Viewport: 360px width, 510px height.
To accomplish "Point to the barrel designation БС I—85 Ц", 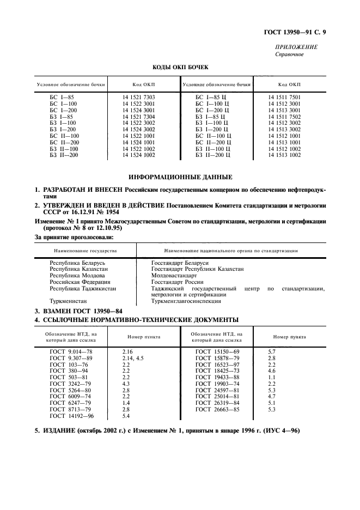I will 213,96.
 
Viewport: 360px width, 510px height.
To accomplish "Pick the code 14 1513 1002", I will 284,155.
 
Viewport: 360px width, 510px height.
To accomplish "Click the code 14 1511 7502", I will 284,116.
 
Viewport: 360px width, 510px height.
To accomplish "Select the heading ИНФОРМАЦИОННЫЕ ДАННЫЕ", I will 180,177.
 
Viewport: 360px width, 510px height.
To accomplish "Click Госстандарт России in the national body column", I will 177,282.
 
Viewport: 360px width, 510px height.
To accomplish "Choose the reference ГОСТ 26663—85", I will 217,409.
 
